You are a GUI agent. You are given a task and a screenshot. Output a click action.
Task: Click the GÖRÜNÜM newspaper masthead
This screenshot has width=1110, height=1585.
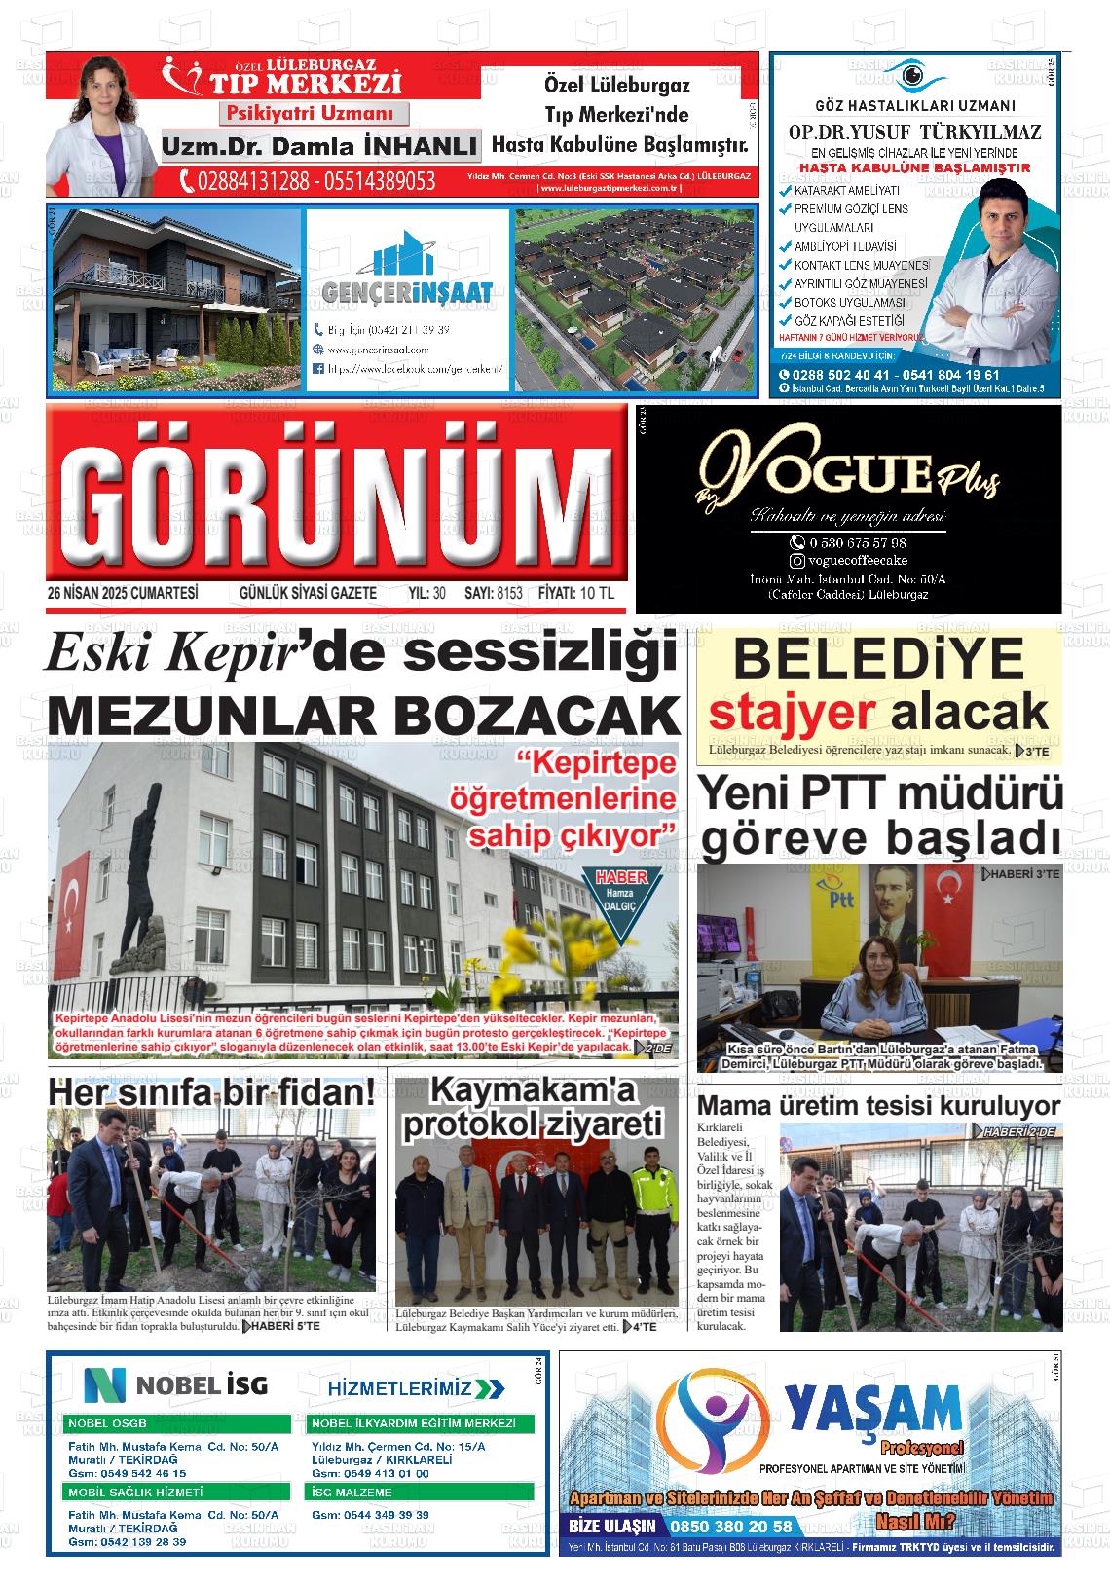click(x=336, y=502)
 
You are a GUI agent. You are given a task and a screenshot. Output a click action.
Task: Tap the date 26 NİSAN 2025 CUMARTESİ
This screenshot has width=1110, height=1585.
click(x=123, y=593)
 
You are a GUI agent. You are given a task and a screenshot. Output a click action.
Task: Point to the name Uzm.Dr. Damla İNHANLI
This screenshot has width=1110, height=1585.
click(x=319, y=147)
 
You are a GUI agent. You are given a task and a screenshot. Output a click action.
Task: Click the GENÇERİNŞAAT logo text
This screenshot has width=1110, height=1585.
click(x=408, y=290)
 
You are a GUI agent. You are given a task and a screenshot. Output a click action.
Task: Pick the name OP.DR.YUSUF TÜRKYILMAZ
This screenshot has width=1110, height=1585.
click(x=914, y=132)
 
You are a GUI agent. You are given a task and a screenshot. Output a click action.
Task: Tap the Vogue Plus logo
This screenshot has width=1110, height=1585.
click(x=847, y=474)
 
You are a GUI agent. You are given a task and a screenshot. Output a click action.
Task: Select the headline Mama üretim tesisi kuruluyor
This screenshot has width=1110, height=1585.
click(x=878, y=1106)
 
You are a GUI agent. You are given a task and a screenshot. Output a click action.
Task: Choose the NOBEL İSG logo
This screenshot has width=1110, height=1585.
click(x=176, y=1384)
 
